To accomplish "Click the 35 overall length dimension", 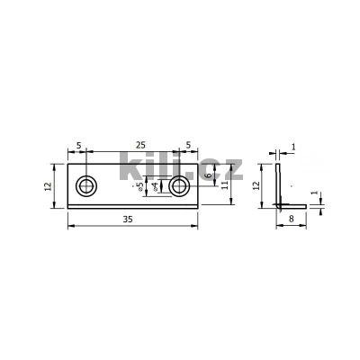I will (x=132, y=219).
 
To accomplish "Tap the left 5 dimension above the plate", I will (x=78, y=145).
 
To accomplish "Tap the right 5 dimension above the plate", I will (x=187, y=145).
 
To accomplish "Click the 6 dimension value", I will (x=208, y=177).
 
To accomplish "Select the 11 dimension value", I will (x=225, y=185).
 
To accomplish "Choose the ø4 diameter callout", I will (x=155, y=186).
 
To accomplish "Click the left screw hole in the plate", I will (x=87, y=186).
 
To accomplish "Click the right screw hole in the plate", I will (x=179, y=186).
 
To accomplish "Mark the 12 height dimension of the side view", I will (x=256, y=185).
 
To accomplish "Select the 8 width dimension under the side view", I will (x=292, y=219).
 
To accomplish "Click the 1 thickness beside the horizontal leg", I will (x=314, y=192).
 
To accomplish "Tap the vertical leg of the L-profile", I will (x=280, y=183).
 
